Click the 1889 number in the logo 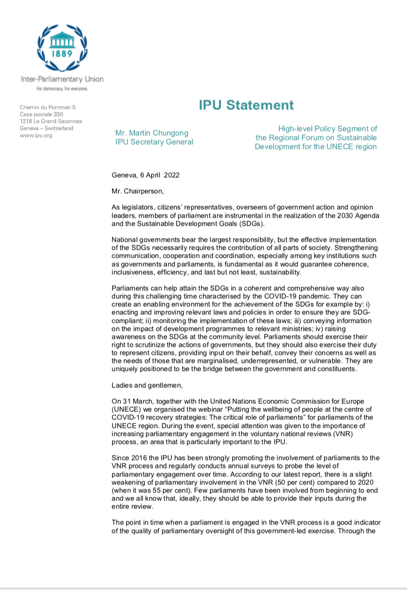click(62, 54)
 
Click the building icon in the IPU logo click(62, 40)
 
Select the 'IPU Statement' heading click(246, 105)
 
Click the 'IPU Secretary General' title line click(154, 142)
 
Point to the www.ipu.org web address click(36, 135)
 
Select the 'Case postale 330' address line click(41, 115)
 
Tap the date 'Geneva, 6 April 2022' click(146, 175)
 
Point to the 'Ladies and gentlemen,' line click(147, 385)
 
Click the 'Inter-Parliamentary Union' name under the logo click(62, 79)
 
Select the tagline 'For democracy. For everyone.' click(62, 88)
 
